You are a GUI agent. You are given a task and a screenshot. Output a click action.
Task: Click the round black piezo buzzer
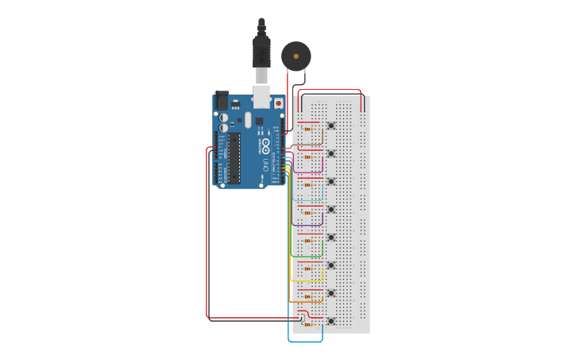pyautogui.click(x=296, y=56)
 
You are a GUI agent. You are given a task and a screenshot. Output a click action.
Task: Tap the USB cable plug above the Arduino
pyautogui.click(x=261, y=52)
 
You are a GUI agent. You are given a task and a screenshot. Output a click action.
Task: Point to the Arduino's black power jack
pyautogui.click(x=221, y=101)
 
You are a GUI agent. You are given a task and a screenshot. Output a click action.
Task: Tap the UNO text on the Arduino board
pyautogui.click(x=265, y=166)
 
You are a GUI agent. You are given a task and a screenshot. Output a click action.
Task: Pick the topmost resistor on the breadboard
pyautogui.click(x=308, y=126)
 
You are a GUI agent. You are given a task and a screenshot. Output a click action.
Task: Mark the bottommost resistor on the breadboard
pyautogui.click(x=308, y=325)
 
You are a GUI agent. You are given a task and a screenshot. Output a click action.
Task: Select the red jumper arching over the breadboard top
pyautogui.click(x=330, y=91)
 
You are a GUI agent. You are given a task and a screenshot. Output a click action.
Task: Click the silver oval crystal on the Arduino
pyautogui.click(x=248, y=120)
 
